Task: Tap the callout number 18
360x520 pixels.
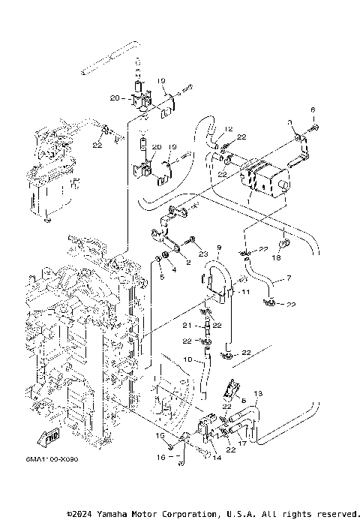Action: [x=277, y=257]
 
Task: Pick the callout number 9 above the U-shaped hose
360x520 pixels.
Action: [x=218, y=247]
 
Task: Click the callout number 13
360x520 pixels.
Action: [x=257, y=394]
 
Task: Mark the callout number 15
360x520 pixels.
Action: [x=159, y=436]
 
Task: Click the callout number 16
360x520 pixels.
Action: [x=160, y=455]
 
